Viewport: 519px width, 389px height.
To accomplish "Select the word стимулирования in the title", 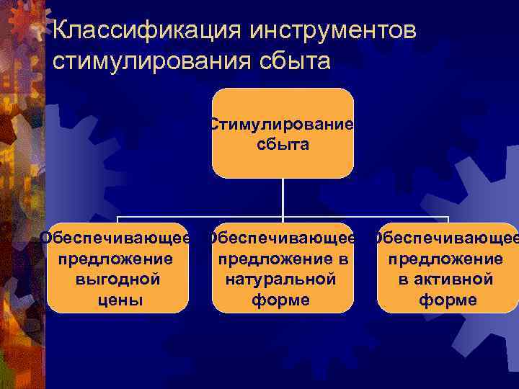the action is [x=151, y=61].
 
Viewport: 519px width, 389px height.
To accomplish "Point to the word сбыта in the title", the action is [x=290, y=61].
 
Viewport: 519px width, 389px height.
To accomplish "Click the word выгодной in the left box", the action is [x=117, y=279].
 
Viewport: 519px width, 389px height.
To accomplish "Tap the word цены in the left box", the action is [x=117, y=299].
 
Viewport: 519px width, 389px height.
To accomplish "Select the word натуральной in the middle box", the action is [x=281, y=279].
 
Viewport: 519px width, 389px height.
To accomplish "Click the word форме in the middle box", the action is [x=281, y=299].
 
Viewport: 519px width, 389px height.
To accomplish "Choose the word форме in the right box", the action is [x=448, y=299].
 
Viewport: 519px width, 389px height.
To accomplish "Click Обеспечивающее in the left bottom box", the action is [x=116, y=238].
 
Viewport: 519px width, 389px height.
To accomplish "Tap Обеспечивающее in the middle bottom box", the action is [x=281, y=238].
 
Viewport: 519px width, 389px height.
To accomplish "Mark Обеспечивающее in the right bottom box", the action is [x=446, y=238].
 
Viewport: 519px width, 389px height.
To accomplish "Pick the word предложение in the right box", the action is [x=446, y=258].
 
